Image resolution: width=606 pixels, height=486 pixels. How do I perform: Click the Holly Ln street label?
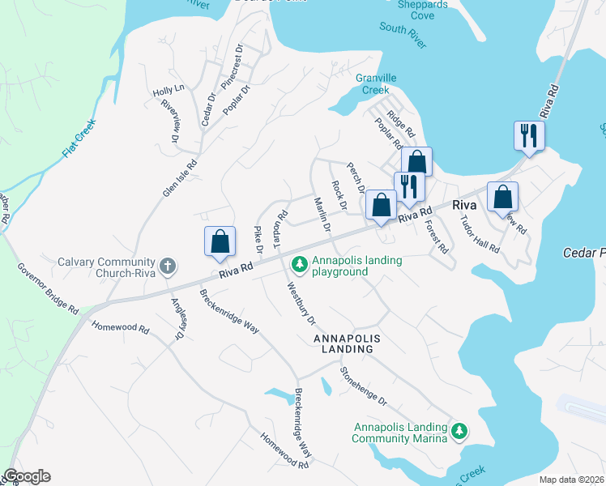tap(169, 92)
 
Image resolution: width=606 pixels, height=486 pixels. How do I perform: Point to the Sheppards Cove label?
tap(425, 10)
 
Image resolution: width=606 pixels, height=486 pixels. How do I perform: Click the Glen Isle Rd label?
tap(180, 177)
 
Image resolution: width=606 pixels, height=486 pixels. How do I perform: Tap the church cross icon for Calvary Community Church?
tap(167, 265)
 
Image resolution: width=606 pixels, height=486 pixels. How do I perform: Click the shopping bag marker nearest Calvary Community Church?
tap(220, 241)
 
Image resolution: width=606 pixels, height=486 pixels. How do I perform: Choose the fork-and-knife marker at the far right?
tap(529, 135)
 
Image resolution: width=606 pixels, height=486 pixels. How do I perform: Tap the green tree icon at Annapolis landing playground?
tap(300, 263)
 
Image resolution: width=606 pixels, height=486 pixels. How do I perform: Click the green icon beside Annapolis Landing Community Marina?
tap(460, 430)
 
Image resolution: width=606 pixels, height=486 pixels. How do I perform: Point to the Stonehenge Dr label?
tap(364, 387)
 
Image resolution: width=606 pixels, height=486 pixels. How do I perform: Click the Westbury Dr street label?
tap(301, 303)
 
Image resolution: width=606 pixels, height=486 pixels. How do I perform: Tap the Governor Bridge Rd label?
tap(48, 288)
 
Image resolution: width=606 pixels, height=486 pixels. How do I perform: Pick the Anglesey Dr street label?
tap(177, 318)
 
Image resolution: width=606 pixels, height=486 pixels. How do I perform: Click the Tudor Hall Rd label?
tap(480, 234)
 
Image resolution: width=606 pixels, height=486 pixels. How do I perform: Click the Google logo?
tap(27, 476)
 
